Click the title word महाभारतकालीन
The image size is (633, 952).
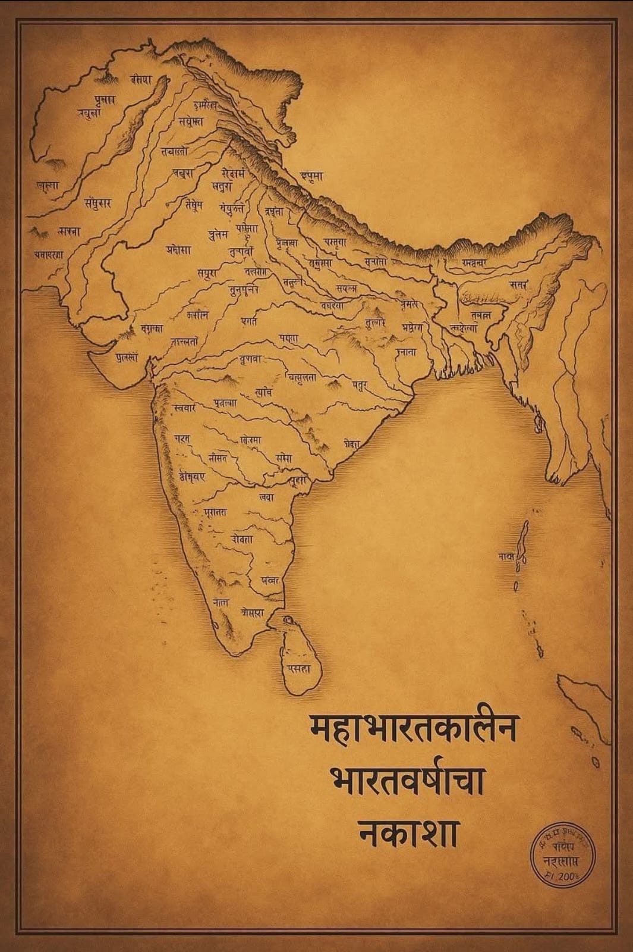pyautogui.click(x=414, y=728)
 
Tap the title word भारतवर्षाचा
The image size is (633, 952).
pyautogui.click(x=408, y=781)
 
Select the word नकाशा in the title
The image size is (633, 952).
pyautogui.click(x=408, y=833)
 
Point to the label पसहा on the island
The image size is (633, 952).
pyautogui.click(x=300, y=669)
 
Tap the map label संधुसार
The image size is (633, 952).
pyautogui.click(x=97, y=203)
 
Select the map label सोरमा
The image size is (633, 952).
pyautogui.click(x=251, y=440)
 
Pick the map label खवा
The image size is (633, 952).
pyautogui.click(x=267, y=497)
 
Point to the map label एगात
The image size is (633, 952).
pyautogui.click(x=249, y=321)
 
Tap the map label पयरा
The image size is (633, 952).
pyautogui.click(x=289, y=338)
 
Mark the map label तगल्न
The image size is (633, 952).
pyautogui.click(x=480, y=315)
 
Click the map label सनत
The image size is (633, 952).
pyautogui.click(x=517, y=285)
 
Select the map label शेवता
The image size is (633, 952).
pyautogui.click(x=243, y=539)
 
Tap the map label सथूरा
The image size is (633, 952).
pyautogui.click(x=208, y=273)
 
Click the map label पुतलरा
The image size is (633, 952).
pyautogui.click(x=127, y=358)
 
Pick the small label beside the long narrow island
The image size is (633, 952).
pyautogui.click(x=506, y=556)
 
